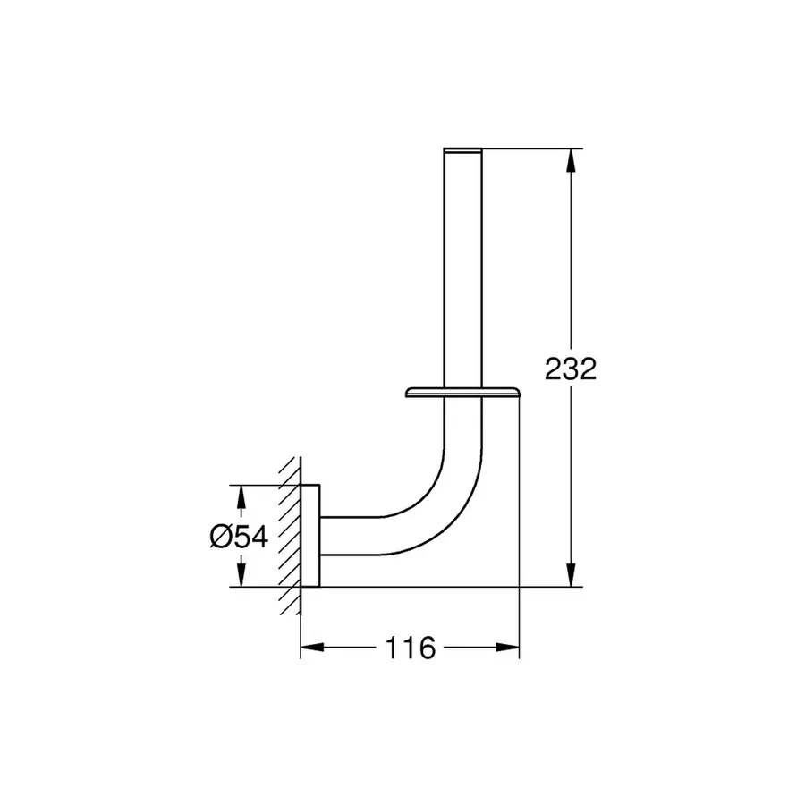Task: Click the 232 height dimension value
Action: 570,368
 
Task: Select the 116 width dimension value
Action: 411,647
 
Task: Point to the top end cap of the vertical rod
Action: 462,148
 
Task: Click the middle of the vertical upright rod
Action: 462,268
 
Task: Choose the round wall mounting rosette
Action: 309,535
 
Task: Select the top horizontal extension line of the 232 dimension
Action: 532,148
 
